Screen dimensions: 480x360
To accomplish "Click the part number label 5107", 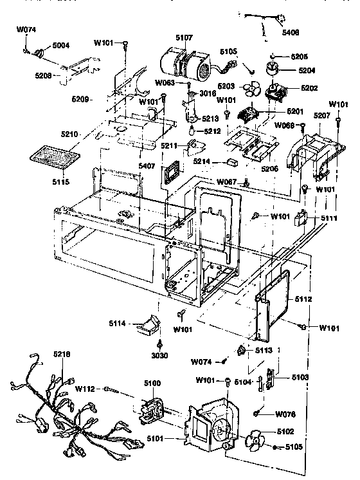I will click(183, 37).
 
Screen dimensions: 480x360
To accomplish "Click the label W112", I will click(86, 388).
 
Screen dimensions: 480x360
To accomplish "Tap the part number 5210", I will click(87, 134).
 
